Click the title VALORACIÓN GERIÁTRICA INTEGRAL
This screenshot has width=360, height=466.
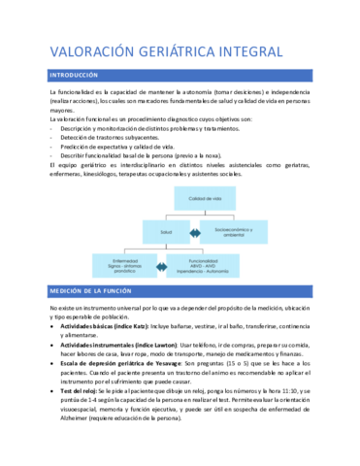click(165, 51)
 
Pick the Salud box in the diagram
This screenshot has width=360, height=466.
click(166, 232)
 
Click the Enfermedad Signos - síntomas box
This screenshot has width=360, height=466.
click(125, 266)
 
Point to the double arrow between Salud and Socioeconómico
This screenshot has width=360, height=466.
click(192, 233)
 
